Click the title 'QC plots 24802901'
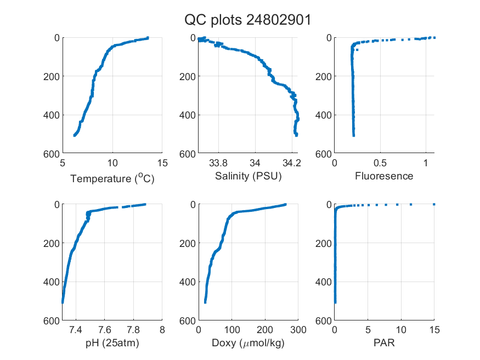(x=247, y=20)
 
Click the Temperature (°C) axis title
(x=112, y=178)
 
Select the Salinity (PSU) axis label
(x=249, y=176)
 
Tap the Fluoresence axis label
(x=384, y=176)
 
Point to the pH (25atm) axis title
(x=112, y=343)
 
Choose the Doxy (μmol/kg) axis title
(x=249, y=343)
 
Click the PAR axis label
(x=384, y=343)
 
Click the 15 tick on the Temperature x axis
(x=162, y=163)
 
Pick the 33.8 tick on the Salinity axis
(x=218, y=163)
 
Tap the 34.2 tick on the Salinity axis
(x=292, y=163)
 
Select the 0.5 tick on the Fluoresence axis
(x=380, y=163)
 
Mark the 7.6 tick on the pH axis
(x=104, y=330)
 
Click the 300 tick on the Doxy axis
(x=298, y=330)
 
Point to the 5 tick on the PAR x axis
(x=368, y=330)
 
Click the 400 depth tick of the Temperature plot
(x=52, y=115)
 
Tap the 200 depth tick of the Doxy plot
(x=188, y=243)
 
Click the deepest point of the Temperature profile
(x=75, y=136)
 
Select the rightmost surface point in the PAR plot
(x=434, y=204)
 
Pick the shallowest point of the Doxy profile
(x=285, y=204)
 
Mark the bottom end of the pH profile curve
(x=63, y=302)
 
